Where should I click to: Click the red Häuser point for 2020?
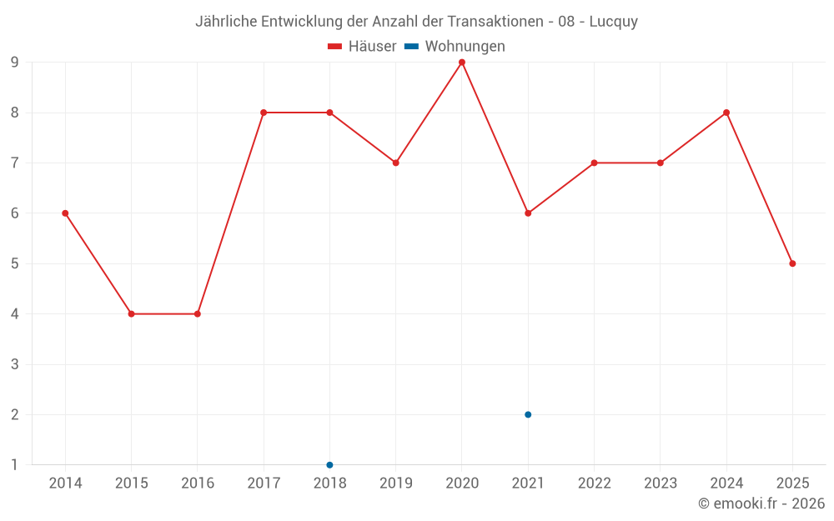[x=462, y=63]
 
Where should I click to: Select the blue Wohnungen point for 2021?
[x=528, y=414]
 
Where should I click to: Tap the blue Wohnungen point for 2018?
[x=329, y=464]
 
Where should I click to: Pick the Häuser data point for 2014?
[x=65, y=213]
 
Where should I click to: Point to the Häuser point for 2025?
[x=792, y=263]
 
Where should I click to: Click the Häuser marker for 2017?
[x=264, y=113]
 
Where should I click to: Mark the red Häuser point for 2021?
[x=528, y=213]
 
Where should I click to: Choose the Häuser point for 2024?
[x=726, y=113]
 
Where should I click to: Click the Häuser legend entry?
[x=363, y=47]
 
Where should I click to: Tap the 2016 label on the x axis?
[x=198, y=483]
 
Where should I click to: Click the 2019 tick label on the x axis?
[x=396, y=483]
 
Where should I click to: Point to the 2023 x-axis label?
[x=661, y=483]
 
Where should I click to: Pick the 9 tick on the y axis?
[x=14, y=63]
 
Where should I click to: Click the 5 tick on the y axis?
[x=14, y=263]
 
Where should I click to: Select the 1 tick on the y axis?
[x=14, y=464]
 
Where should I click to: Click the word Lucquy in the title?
[x=613, y=22]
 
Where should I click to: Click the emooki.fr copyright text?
[x=761, y=503]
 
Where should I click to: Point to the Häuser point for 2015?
[x=131, y=314]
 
